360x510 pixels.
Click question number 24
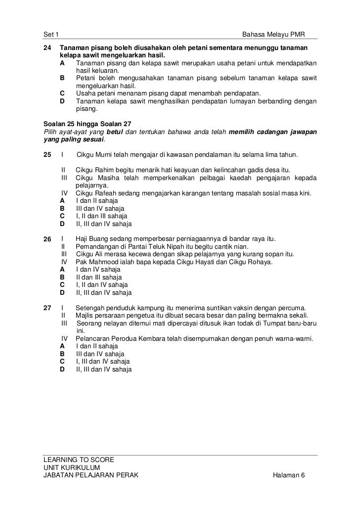pos(47,47)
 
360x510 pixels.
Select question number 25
pos(47,155)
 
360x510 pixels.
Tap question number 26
pos(47,239)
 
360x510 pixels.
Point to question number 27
pos(47,308)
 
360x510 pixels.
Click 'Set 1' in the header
pos(51,35)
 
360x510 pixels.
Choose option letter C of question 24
pos(62,93)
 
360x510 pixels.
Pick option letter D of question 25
pos(62,224)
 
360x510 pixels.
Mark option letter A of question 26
pos(62,270)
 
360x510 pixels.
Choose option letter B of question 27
pos(62,354)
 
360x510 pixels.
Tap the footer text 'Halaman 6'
pos(289,475)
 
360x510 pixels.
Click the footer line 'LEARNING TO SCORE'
pos(79,460)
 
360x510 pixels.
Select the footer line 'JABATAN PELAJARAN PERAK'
pos(91,475)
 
